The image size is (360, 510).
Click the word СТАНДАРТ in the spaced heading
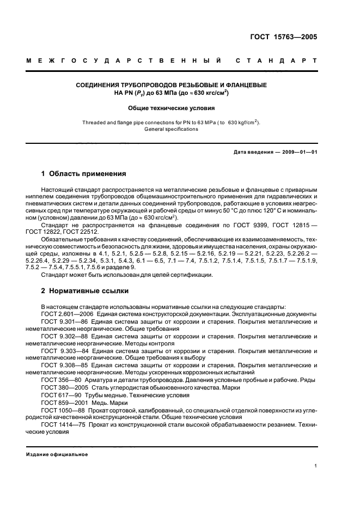(277, 62)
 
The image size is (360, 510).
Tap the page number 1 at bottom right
(315, 465)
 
